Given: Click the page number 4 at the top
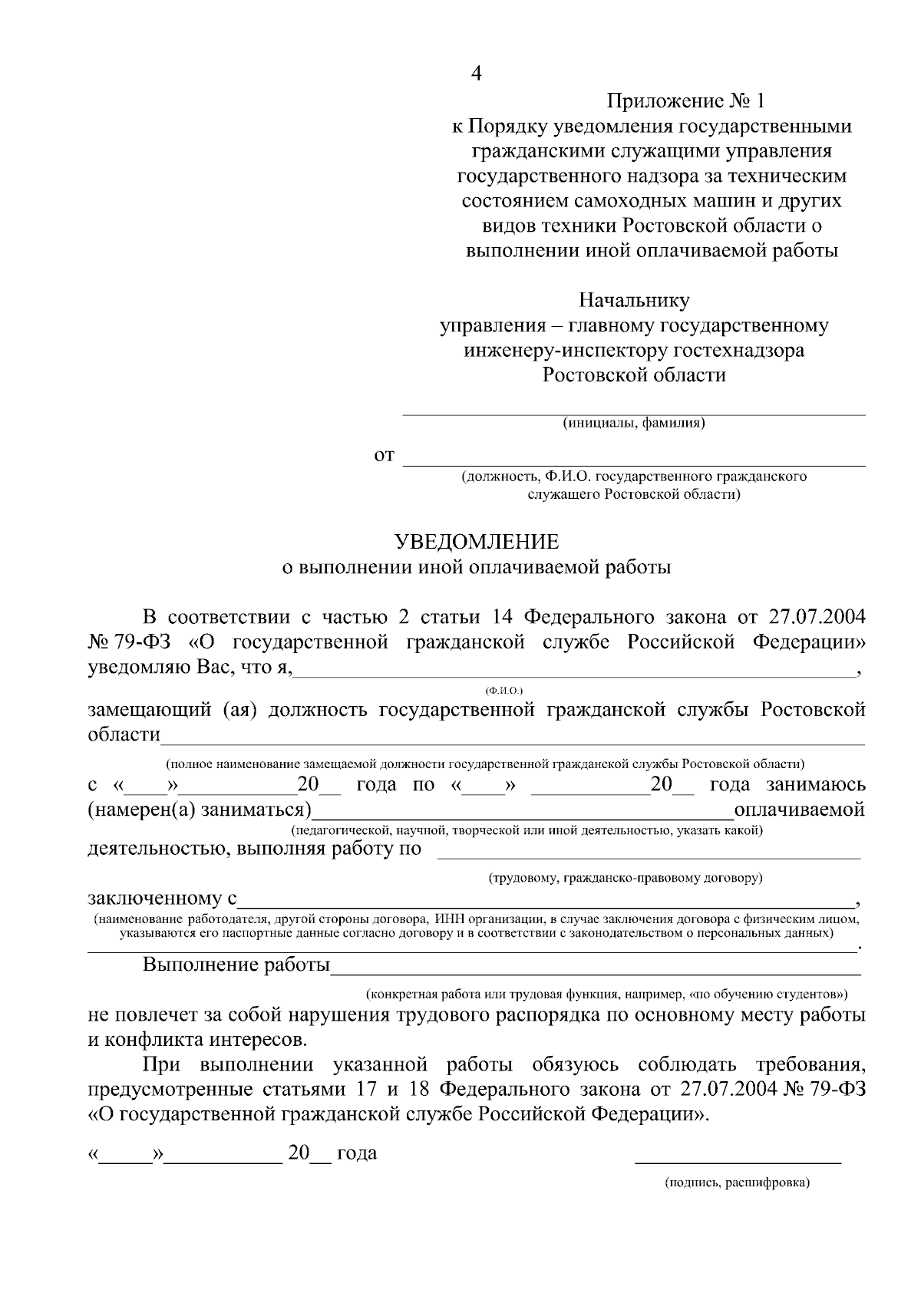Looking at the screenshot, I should click(477, 74).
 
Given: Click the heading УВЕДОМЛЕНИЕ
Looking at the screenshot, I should click(477, 542).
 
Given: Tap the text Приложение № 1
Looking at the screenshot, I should click(686, 101).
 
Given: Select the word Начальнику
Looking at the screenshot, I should click(634, 300).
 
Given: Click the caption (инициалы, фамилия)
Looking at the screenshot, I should click(634, 423).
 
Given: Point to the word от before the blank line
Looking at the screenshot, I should click(384, 457).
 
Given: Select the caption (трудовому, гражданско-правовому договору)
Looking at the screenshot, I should click(626, 876).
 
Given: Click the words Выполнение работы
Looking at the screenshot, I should click(236, 965).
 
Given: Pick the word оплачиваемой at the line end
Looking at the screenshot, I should click(800, 810).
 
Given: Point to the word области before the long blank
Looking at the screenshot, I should click(124, 734).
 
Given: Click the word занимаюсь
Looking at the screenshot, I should click(817, 784).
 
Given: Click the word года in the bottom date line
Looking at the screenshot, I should click(356, 1153).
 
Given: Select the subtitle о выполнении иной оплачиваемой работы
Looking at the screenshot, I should click(477, 568).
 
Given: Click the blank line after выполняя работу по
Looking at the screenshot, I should click(649, 856).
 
